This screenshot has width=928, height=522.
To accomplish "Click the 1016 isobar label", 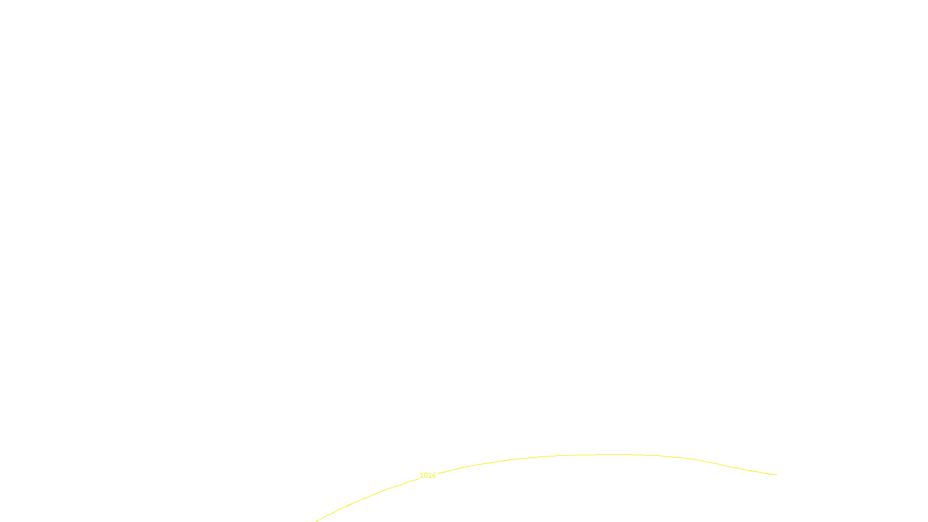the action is [x=427, y=476].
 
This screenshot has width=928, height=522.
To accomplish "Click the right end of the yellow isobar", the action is [x=777, y=474].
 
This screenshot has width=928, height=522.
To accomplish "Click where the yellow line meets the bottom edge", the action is [x=316, y=521].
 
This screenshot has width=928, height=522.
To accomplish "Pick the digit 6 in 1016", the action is [x=434, y=476].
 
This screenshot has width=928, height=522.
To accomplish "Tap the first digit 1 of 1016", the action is [x=422, y=476].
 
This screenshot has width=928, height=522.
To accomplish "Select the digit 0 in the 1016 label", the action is [x=426, y=476].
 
